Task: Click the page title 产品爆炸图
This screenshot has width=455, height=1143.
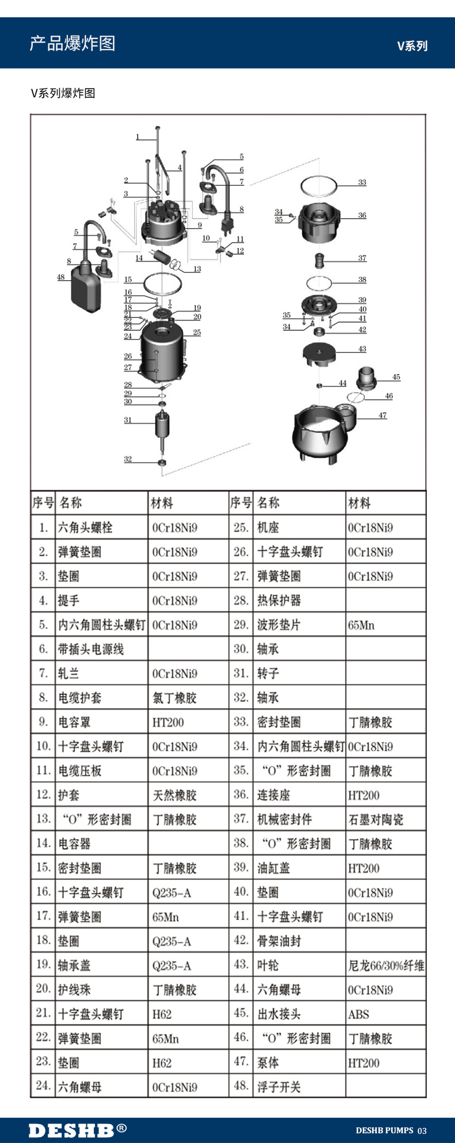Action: (x=73, y=43)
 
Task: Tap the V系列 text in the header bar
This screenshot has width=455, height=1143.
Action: (x=412, y=46)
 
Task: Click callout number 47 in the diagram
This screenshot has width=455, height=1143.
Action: (x=382, y=415)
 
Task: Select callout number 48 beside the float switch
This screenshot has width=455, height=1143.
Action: (x=61, y=277)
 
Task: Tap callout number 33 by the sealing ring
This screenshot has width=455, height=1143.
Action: (x=362, y=182)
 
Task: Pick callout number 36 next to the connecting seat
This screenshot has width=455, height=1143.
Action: (x=362, y=215)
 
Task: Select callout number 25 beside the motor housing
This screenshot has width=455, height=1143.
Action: (x=197, y=332)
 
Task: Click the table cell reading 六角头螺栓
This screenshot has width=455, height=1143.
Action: (x=85, y=527)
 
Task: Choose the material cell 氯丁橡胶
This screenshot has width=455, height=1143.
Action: (x=175, y=698)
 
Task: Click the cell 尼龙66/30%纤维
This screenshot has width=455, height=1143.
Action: (x=386, y=966)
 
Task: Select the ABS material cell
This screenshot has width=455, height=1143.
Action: (x=358, y=1014)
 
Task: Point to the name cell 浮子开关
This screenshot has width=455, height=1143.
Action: (x=279, y=1087)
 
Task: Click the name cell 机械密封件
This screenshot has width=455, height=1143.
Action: (x=285, y=820)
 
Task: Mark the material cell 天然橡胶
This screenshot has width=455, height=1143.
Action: (x=175, y=796)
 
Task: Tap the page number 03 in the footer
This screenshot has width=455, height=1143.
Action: (x=422, y=1130)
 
